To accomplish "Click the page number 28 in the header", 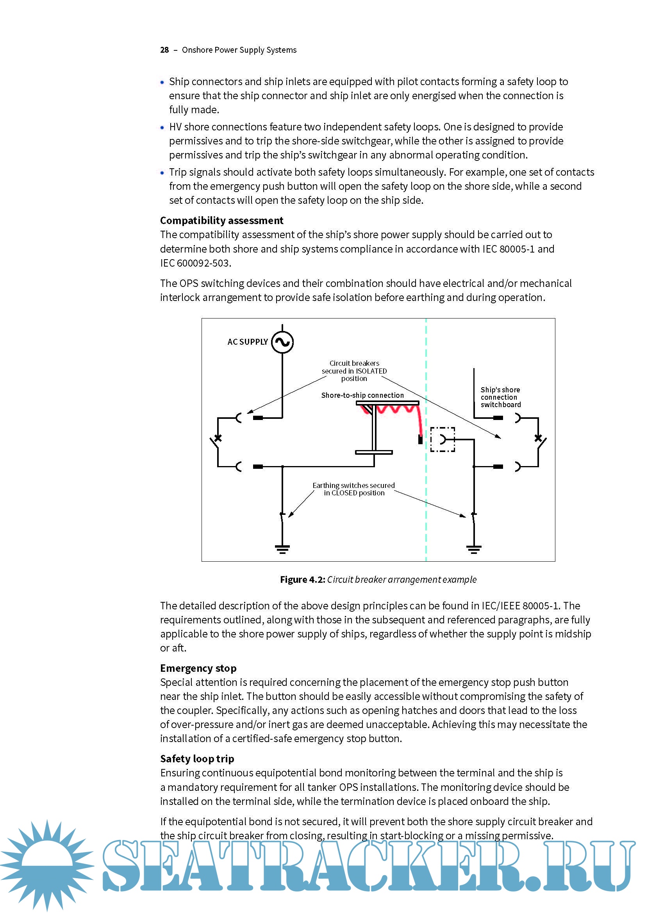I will [164, 50].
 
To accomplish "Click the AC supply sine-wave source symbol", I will [282, 342].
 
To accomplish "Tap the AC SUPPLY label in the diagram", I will [247, 342].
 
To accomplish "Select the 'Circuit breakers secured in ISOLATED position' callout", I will [354, 371].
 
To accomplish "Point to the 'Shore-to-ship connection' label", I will [362, 395].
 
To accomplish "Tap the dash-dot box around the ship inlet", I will [443, 440].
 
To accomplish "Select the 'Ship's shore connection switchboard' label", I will [500, 397].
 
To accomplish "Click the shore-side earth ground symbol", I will [282, 549].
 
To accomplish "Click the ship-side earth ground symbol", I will [473, 549].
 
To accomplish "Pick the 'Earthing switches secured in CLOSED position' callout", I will [353, 489].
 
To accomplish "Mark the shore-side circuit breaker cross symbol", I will [218, 438].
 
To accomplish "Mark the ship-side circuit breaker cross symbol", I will [538, 438].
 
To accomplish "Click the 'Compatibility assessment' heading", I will [221, 221].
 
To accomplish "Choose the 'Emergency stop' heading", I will [198, 668].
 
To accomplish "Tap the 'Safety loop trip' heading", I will [197, 759].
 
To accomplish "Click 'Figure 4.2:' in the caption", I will [302, 579].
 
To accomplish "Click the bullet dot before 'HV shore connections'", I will [162, 128].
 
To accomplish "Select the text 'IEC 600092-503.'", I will [195, 263].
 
